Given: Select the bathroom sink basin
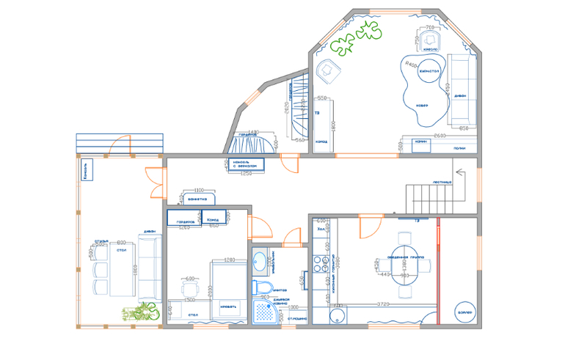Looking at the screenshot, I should click(260, 262).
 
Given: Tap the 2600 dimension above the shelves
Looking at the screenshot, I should click(440, 136).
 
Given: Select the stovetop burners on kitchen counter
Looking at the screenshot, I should click(319, 260).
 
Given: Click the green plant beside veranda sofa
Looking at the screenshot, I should click(140, 312).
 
